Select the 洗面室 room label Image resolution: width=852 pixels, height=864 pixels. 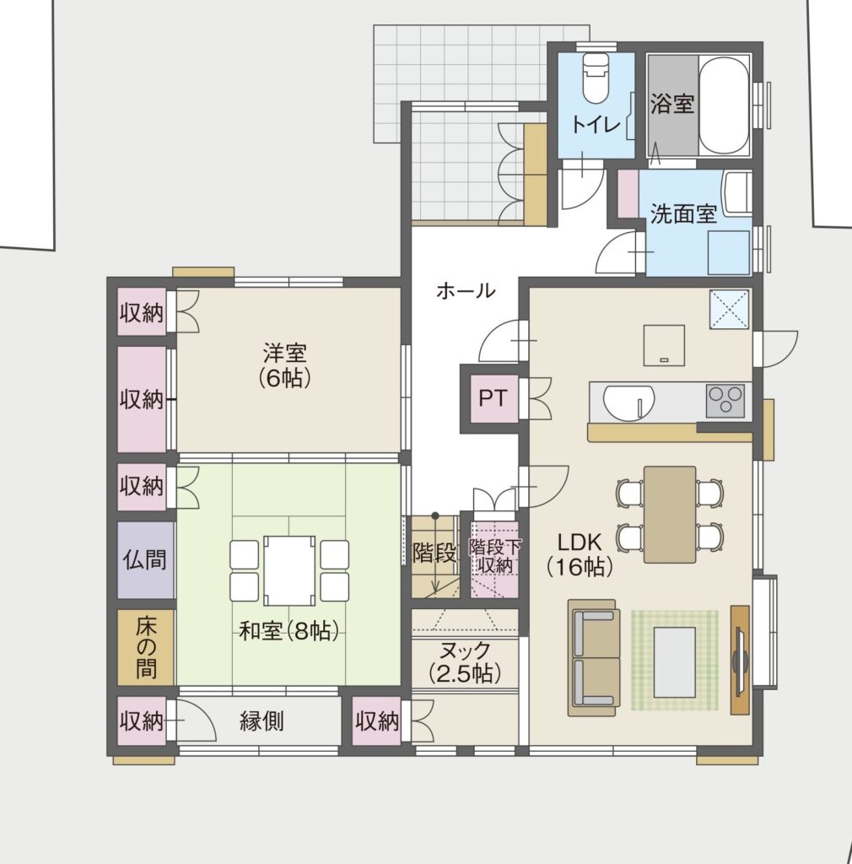click(683, 213)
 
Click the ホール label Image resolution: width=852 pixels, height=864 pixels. click(466, 290)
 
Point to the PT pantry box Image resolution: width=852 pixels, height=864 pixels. click(493, 398)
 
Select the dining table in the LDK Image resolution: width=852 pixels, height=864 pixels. click(670, 514)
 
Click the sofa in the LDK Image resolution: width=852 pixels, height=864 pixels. click(594, 658)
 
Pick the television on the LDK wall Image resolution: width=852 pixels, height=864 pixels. click(740, 660)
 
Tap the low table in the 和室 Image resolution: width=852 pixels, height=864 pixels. click(289, 570)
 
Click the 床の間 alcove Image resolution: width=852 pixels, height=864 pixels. click(146, 647)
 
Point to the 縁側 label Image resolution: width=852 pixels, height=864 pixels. click(262, 721)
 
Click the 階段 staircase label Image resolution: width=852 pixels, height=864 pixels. click(434, 553)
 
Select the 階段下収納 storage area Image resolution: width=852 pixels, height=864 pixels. click(494, 559)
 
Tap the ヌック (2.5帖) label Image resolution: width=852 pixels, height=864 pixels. click(466, 661)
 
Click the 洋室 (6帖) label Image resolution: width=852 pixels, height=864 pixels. click(285, 364)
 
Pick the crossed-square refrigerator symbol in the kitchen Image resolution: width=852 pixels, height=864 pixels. click(729, 309)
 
